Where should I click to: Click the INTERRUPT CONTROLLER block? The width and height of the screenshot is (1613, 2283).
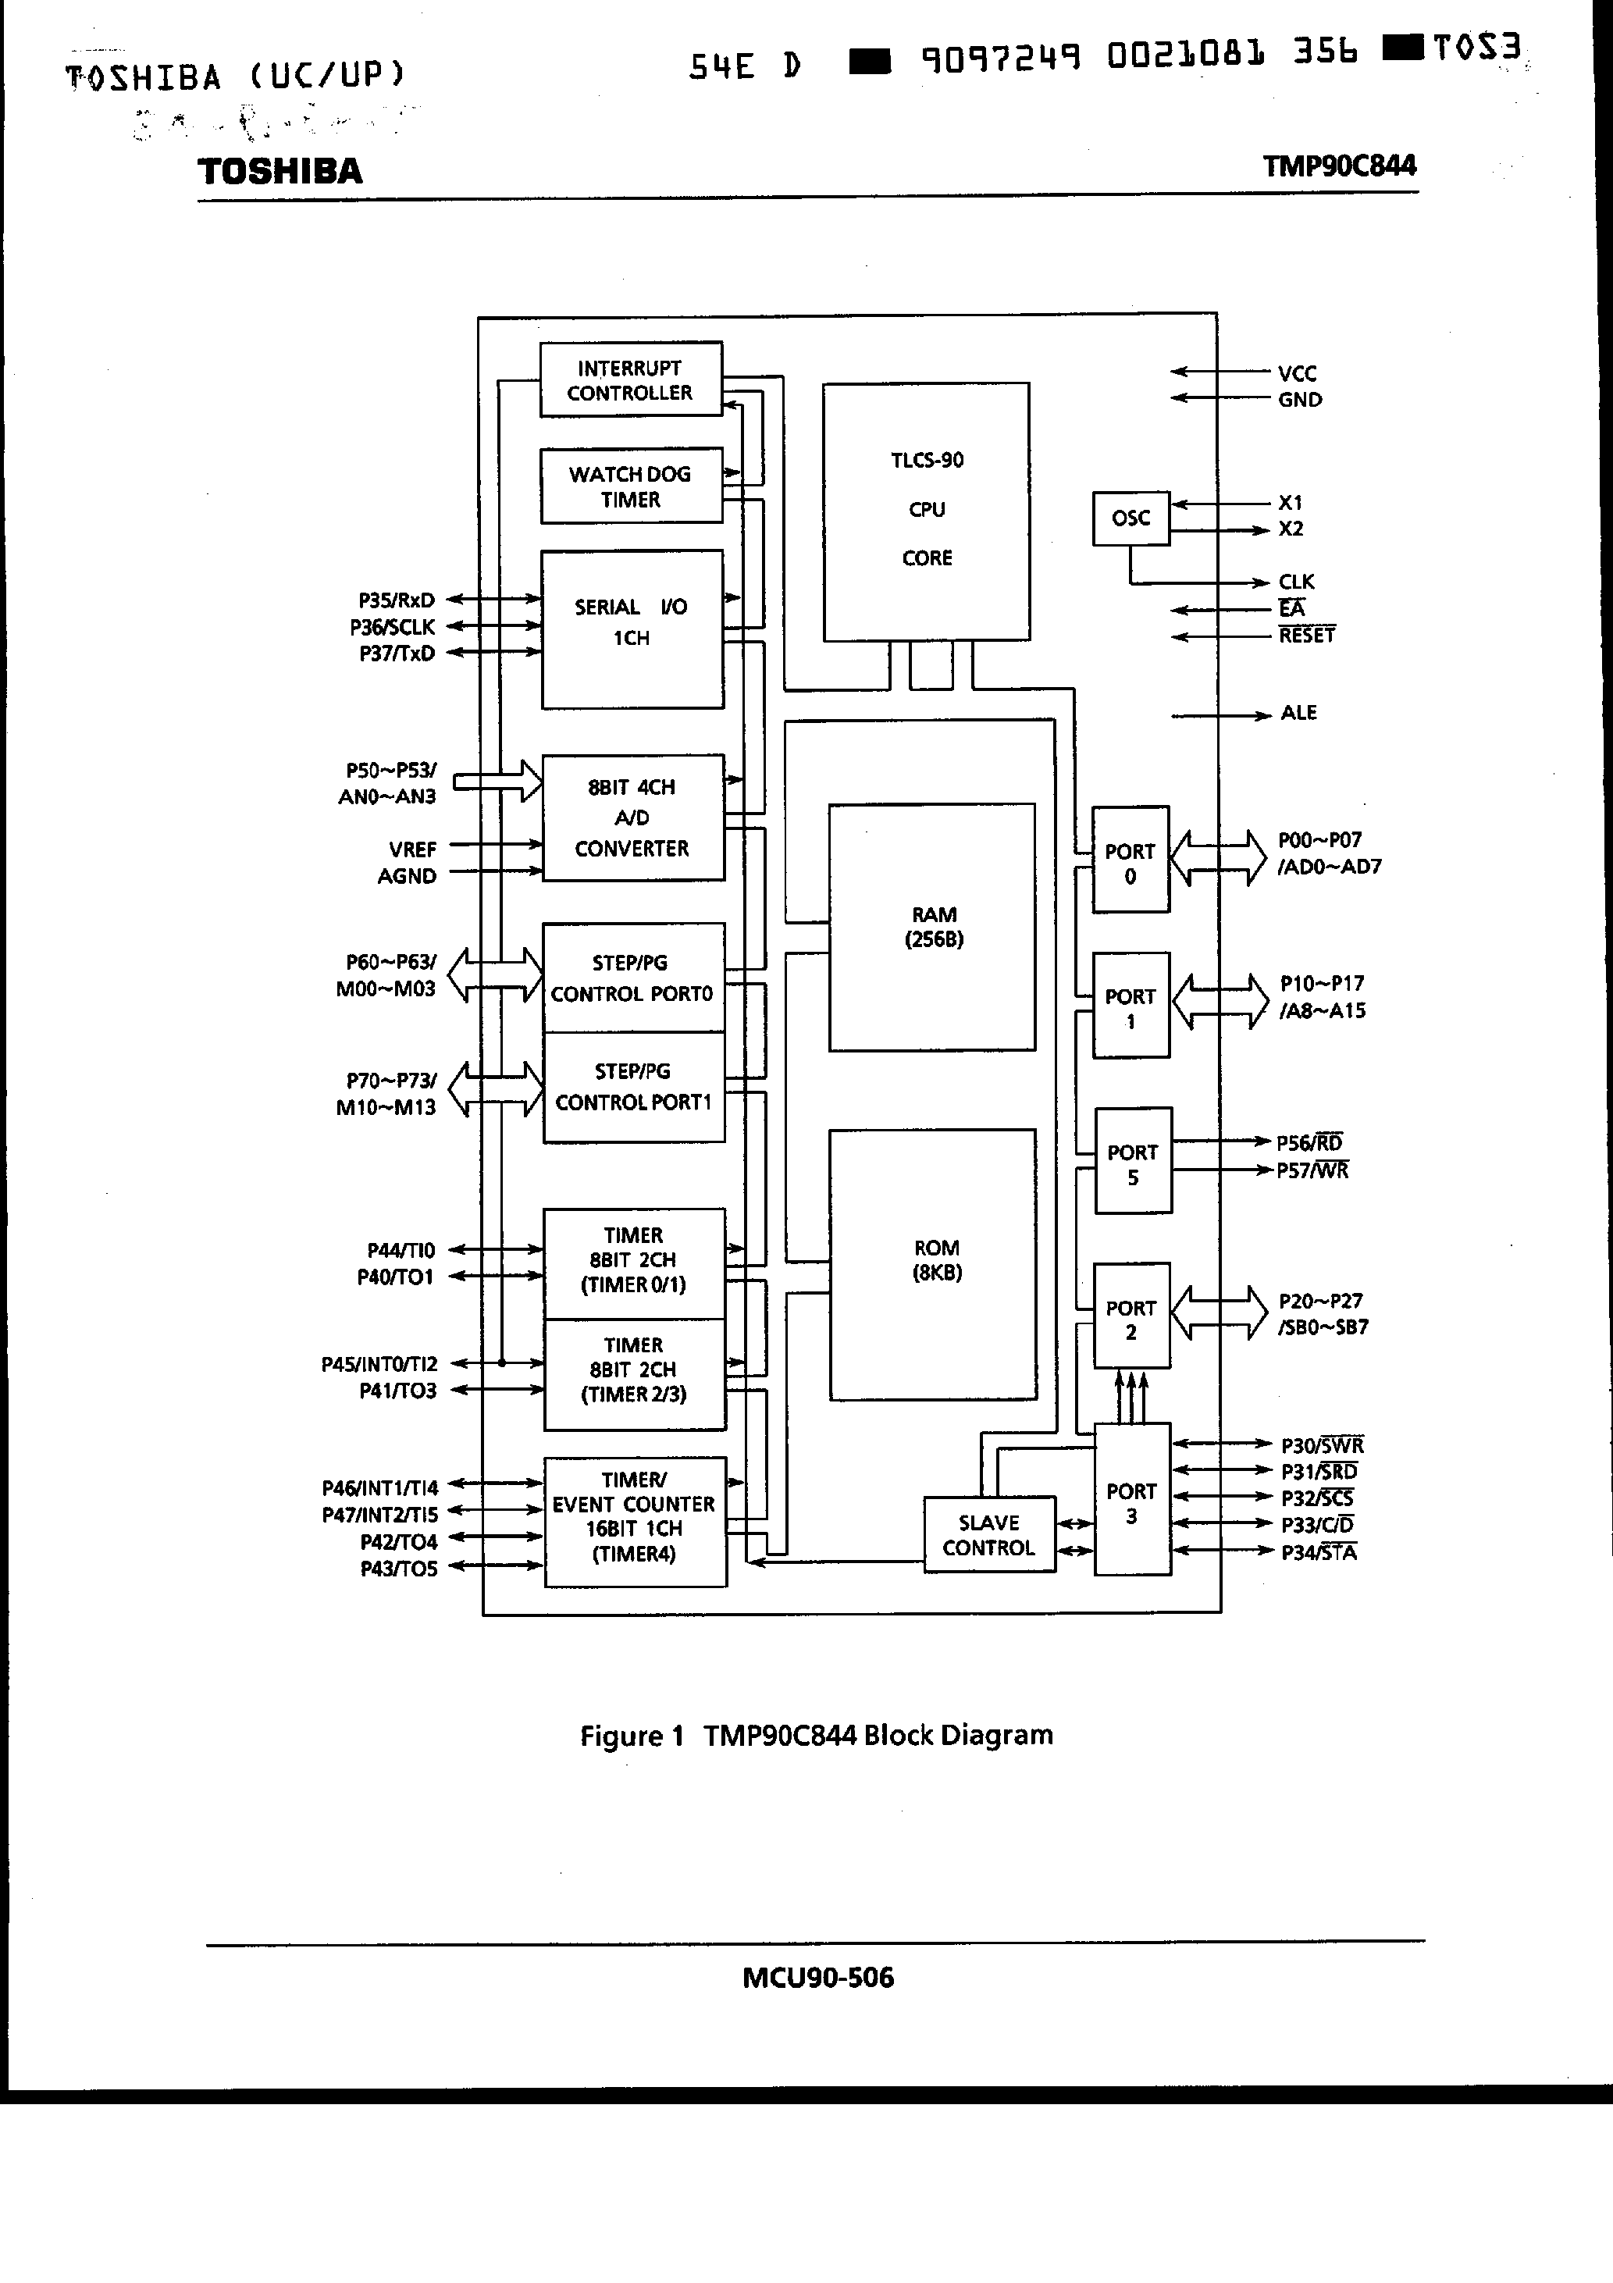(631, 379)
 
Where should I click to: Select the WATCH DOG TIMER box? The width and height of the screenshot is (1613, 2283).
(631, 486)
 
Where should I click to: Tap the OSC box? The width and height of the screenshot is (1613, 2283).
(1131, 518)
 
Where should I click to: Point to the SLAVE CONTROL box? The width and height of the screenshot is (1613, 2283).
(988, 1534)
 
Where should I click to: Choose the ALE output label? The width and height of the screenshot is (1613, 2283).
(1298, 713)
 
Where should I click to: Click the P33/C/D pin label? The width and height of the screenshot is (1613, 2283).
(1316, 1524)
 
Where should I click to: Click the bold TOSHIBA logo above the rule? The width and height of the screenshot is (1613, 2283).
(280, 171)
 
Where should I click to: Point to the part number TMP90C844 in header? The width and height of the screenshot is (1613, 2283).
(1338, 165)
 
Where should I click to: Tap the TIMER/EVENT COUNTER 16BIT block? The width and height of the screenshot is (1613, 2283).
(635, 1521)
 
